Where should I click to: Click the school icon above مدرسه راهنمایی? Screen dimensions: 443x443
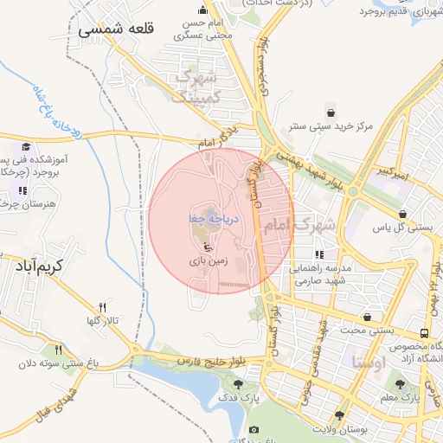point(320,255)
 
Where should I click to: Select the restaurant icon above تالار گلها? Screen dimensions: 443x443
point(103,307)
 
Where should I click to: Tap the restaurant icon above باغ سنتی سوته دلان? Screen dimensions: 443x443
point(58,350)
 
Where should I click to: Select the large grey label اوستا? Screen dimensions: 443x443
point(371,363)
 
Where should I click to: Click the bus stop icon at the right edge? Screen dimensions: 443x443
point(424,333)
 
